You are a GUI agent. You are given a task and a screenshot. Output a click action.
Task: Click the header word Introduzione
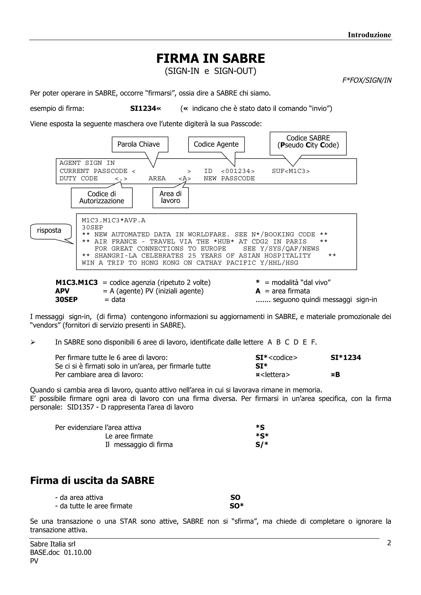369,35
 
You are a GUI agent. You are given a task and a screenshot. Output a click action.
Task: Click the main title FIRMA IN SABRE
210,59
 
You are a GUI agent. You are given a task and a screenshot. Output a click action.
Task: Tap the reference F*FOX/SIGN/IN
367,80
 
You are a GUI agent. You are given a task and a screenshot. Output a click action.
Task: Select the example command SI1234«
146,108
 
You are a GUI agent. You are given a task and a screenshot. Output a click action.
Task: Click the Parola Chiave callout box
140,144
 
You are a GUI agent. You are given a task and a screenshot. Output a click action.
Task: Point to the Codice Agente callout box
216,144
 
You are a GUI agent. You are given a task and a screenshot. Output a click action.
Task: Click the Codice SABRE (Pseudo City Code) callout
308,142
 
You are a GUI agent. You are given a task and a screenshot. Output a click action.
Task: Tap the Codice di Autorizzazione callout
102,198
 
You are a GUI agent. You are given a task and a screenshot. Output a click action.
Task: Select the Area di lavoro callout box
170,197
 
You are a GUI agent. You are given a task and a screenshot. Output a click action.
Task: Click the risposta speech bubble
50,231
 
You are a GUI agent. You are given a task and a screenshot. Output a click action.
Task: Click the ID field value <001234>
238,171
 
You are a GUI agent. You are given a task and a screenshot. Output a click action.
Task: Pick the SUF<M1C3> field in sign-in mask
291,171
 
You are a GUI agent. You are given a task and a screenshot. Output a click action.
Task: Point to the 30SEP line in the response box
92,227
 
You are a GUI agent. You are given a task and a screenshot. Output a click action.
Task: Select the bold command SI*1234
346,358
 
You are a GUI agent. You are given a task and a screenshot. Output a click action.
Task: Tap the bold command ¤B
335,375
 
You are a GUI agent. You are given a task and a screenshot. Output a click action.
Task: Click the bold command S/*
261,445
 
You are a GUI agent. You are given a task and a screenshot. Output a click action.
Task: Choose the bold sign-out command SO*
237,506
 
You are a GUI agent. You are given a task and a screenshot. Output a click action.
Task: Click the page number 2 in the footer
389,543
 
